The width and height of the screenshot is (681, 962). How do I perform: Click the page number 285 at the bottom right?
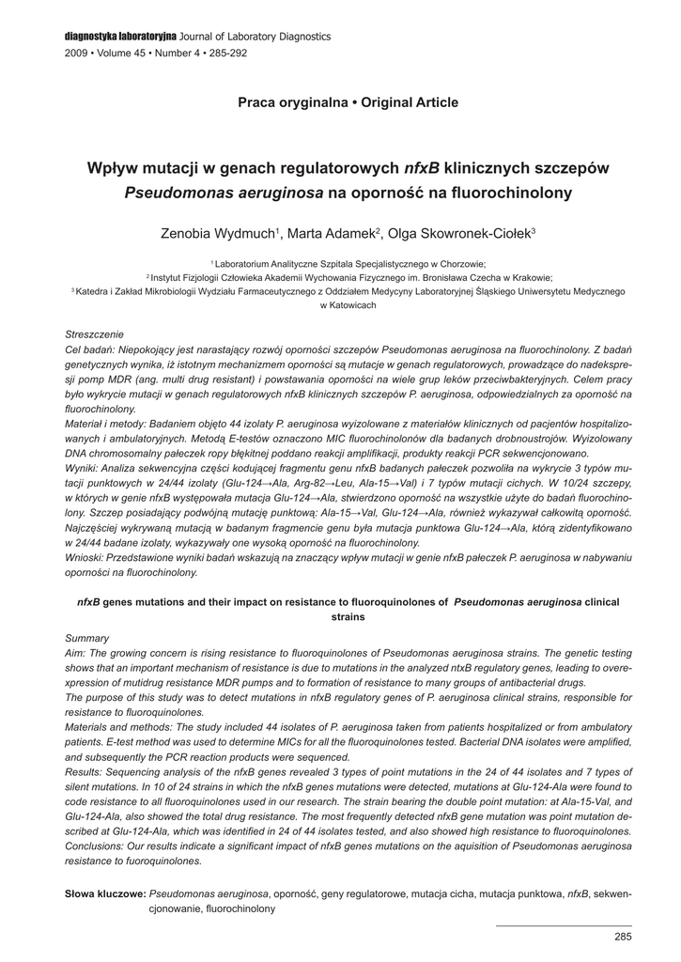(x=623, y=936)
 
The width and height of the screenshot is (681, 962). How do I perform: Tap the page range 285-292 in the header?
(x=224, y=54)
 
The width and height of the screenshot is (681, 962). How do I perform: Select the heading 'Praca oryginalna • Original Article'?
(x=348, y=102)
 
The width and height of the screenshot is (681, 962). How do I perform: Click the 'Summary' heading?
(x=86, y=638)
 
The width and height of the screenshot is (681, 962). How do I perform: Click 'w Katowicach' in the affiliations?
(x=348, y=306)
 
